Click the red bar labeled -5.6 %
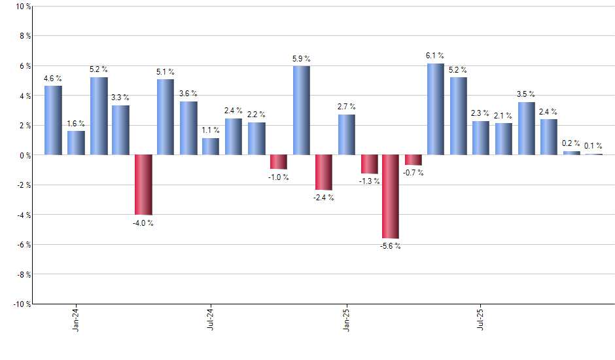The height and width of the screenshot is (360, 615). [391, 196]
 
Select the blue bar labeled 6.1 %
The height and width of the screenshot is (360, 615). [436, 109]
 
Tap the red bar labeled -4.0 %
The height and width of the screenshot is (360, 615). [143, 185]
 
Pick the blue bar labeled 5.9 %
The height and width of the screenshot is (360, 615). [301, 111]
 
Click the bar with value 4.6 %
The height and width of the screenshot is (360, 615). [53, 120]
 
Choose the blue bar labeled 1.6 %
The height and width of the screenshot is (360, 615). [76, 143]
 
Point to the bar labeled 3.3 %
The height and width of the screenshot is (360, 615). [120, 130]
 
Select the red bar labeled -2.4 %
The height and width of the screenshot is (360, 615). [323, 172]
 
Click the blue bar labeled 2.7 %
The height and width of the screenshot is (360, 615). [346, 135]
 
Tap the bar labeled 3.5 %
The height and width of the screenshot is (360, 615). [526, 128]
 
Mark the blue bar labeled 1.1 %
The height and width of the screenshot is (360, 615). [211, 147]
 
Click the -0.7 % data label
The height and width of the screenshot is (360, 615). [413, 173]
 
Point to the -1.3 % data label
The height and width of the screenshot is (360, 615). [369, 181]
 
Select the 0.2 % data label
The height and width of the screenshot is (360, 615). [571, 143]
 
